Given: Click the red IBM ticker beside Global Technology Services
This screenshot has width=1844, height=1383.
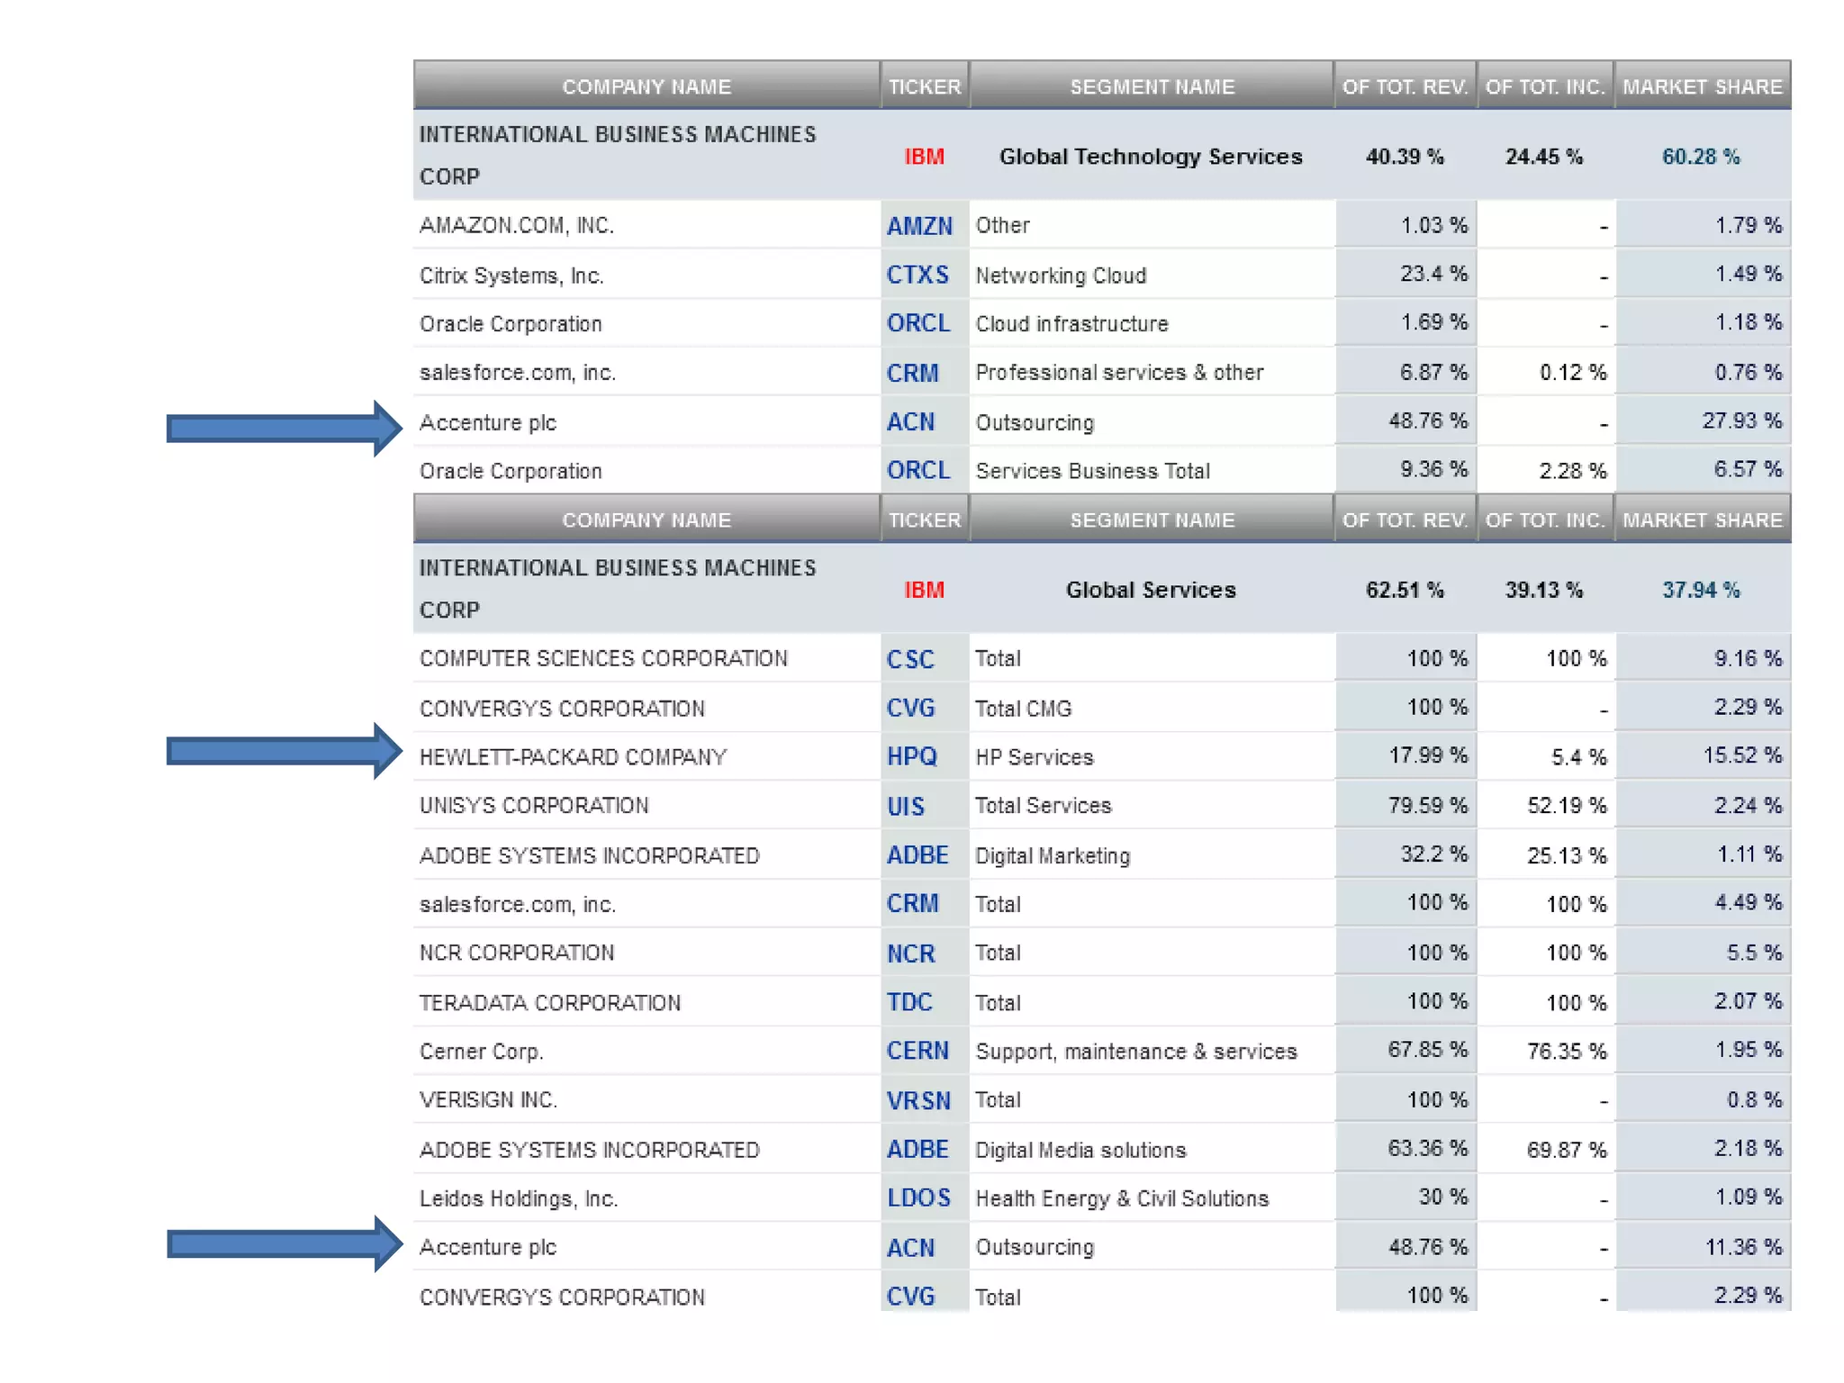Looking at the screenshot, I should click(924, 157).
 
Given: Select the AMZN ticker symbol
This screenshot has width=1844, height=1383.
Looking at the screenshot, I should click(919, 226).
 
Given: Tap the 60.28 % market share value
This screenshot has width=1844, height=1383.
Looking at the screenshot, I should click(1700, 157).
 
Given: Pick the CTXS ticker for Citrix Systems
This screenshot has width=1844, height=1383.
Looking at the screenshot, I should click(917, 275).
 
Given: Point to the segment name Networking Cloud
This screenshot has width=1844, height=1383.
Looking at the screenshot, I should click(1061, 276).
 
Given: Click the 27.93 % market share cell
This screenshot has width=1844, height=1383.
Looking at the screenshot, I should click(1740, 420).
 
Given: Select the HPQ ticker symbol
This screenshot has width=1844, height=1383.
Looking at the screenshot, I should click(911, 756).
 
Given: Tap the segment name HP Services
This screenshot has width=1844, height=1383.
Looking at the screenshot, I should click(1034, 757).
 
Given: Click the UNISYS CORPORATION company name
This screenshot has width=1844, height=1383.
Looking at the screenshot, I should click(534, 805).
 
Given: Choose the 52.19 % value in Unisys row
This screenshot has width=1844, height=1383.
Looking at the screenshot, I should click(1566, 806).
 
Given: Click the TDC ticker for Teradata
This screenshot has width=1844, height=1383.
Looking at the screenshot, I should click(909, 1002).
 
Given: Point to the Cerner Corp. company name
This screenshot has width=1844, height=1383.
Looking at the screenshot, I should click(481, 1052).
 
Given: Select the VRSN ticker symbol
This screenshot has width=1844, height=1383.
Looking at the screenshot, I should click(918, 1100).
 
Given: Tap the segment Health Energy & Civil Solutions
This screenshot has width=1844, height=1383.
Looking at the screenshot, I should click(1122, 1198).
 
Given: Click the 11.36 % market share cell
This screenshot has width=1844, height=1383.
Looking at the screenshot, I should click(1742, 1247).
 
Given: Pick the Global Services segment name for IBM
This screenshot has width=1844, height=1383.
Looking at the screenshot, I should click(1151, 590).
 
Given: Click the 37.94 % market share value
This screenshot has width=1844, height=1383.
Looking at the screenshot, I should click(1700, 590).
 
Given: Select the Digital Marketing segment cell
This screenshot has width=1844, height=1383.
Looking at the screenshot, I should click(1053, 855).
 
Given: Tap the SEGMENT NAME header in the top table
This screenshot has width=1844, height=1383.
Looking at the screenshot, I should click(1152, 86).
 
